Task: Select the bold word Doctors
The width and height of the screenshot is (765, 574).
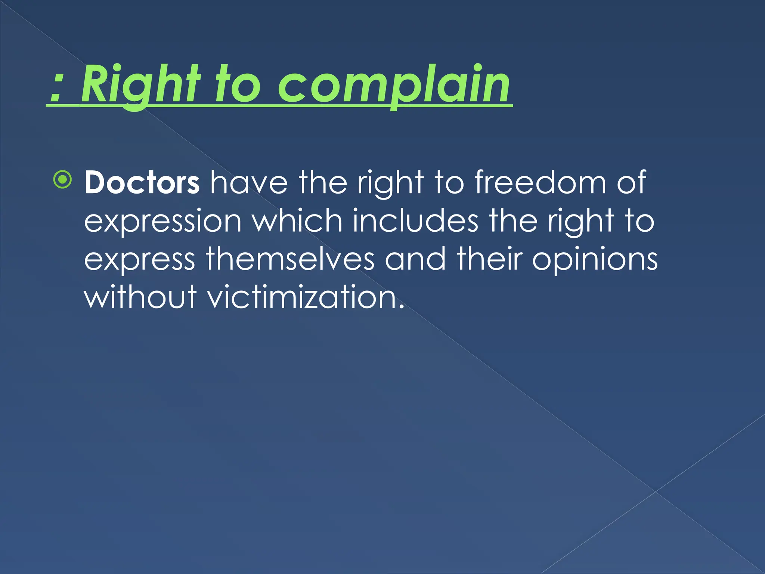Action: coord(142,183)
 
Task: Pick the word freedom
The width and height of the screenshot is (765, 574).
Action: coord(540,183)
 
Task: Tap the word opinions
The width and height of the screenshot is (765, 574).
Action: coord(594,260)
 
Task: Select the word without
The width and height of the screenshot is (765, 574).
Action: coord(140,297)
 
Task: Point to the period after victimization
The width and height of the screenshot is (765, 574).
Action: coord(401,306)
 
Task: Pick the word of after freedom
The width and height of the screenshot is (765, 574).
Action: coord(631,183)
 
